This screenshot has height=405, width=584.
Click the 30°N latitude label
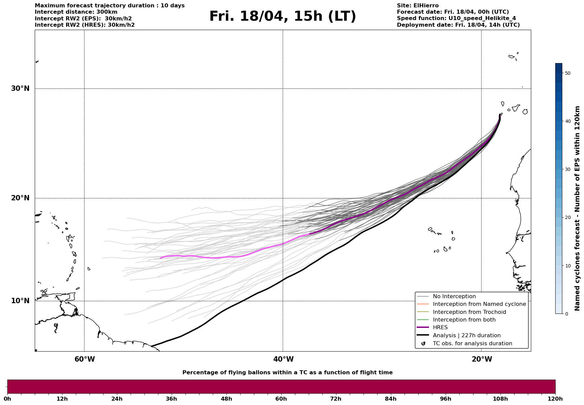tap(20, 88)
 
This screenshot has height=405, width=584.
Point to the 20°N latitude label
tap(20, 198)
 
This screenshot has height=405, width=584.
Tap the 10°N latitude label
tap(20, 301)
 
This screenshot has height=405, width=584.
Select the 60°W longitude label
tap(85, 359)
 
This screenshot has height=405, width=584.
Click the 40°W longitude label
tap(283, 359)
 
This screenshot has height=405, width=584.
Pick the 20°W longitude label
tap(482, 359)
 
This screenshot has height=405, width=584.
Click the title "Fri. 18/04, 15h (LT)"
tap(283, 16)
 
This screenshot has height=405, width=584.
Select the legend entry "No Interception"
tap(454, 296)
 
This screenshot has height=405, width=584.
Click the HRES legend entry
tap(440, 328)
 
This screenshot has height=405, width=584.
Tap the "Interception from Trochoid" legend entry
tap(469, 312)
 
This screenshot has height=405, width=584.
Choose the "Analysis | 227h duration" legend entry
tap(466, 336)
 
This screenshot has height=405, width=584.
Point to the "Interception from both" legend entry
tap(464, 320)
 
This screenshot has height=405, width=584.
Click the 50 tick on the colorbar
tap(567, 73)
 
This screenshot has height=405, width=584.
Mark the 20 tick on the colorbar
tap(567, 218)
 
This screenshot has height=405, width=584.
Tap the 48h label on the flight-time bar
tap(227, 399)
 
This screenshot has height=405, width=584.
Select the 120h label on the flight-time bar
tap(555, 399)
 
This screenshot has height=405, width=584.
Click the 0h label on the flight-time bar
tap(7, 399)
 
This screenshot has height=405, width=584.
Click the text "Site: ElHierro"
tap(418, 6)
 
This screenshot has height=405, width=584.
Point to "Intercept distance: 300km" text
tap(76, 12)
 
